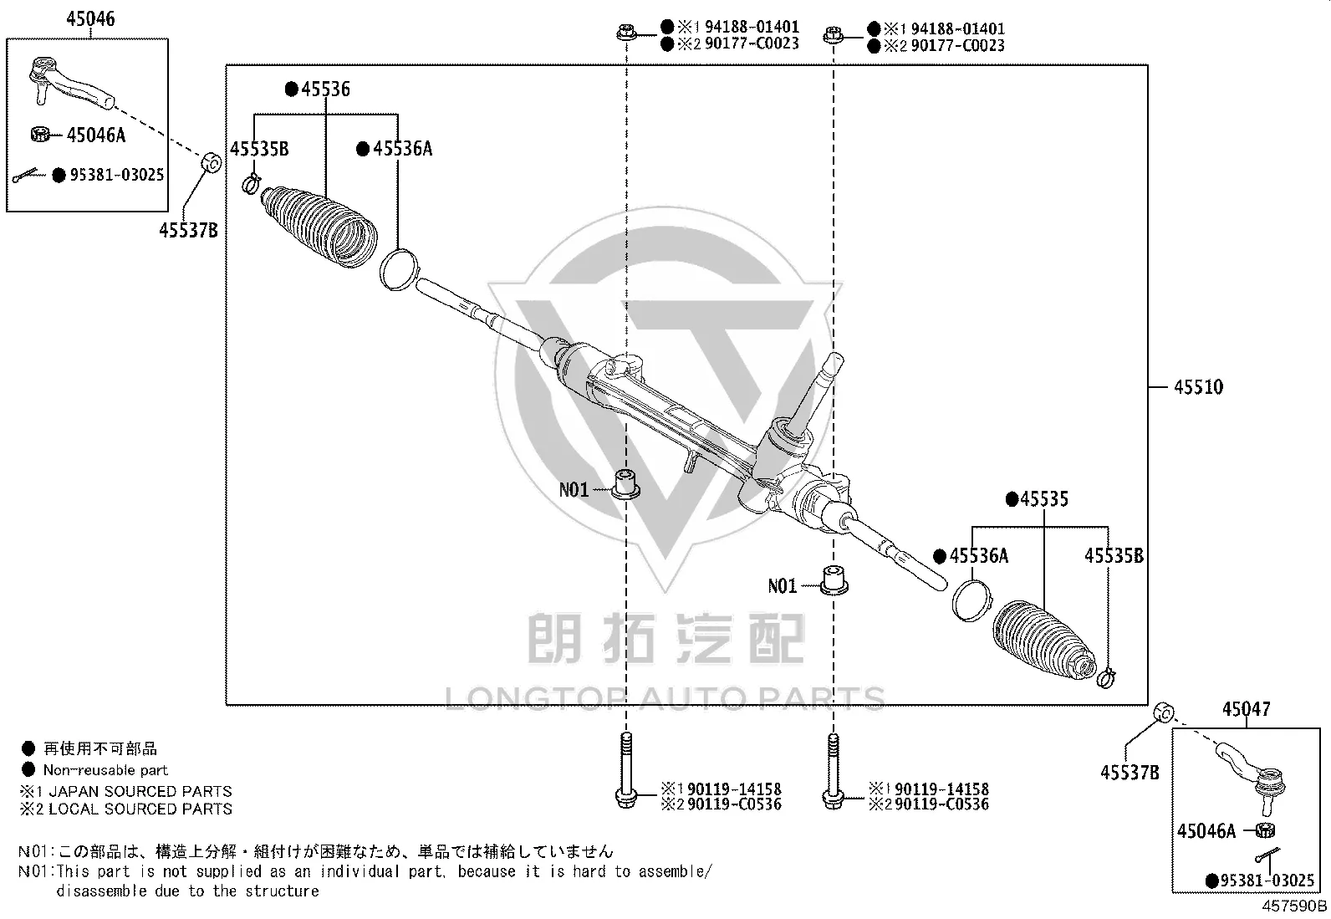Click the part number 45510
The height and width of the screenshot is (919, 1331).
click(x=1198, y=387)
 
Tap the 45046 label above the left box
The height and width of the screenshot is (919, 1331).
click(x=90, y=18)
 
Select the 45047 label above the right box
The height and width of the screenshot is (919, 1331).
click(x=1246, y=708)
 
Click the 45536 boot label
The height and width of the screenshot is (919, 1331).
click(x=325, y=89)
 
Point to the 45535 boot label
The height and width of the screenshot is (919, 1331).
click(x=1044, y=498)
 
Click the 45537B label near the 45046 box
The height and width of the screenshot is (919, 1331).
click(x=188, y=230)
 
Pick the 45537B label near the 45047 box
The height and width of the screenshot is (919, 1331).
click(x=1130, y=772)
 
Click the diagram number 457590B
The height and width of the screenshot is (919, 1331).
click(x=1294, y=906)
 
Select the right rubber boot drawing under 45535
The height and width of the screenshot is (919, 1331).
click(x=1044, y=641)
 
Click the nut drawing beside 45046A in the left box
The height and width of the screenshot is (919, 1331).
click(x=40, y=135)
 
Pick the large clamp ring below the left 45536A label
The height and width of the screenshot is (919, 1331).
click(x=399, y=269)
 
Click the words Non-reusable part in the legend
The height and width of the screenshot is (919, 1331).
click(x=106, y=770)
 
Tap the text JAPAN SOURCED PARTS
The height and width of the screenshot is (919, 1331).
click(x=140, y=791)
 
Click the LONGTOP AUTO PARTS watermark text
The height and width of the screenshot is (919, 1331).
click(x=665, y=698)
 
